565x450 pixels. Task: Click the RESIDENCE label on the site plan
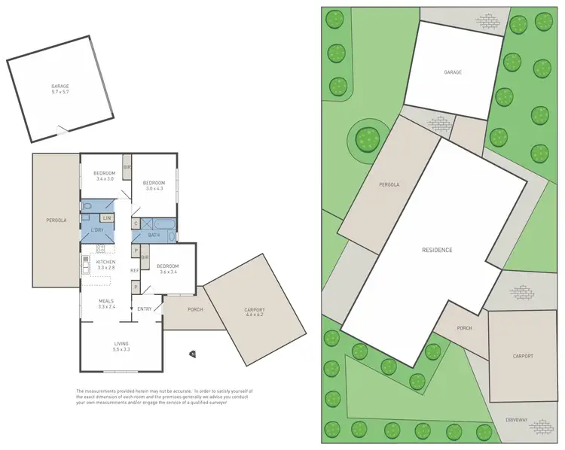[436, 250]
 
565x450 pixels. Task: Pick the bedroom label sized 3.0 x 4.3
[154, 184]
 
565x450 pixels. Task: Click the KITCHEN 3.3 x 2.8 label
[105, 263]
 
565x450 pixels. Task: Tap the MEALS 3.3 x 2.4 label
[105, 303]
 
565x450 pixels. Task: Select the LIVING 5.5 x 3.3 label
[121, 346]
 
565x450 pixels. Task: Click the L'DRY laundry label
[97, 230]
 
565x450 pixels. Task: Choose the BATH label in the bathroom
[154, 236]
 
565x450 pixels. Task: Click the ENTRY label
[145, 309]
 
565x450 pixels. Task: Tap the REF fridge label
[134, 270]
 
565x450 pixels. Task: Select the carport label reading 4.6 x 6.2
[254, 312]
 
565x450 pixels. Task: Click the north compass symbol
[192, 354]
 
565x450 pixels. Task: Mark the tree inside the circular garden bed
[367, 138]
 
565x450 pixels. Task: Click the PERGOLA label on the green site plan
[389, 184]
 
